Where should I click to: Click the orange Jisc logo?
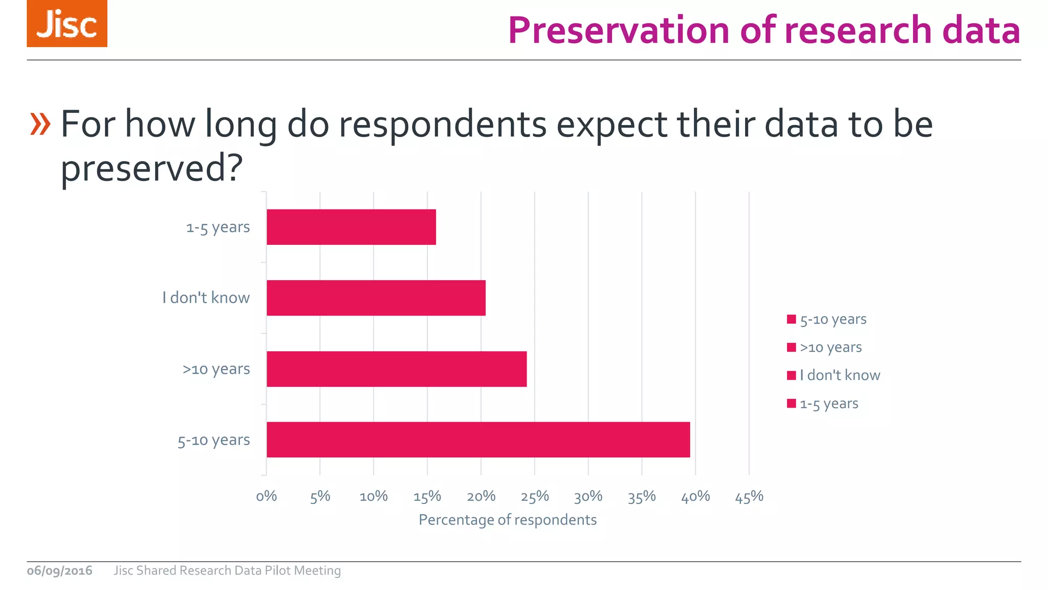tap(67, 24)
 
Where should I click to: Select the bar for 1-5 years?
tap(351, 227)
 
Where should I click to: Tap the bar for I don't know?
tap(376, 298)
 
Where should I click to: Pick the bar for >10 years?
tap(397, 369)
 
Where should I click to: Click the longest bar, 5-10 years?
tap(478, 439)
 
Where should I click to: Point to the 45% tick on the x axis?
tap(749, 496)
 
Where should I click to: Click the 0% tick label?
tap(266, 496)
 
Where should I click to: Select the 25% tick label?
tap(535, 496)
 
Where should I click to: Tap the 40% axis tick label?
tap(695, 496)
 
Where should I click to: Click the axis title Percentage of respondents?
tap(508, 520)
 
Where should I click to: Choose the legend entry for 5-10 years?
tap(827, 320)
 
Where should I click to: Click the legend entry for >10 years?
tap(824, 347)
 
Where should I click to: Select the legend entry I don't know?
tap(834, 375)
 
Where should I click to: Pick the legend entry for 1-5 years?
tap(823, 404)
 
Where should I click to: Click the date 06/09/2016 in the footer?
tap(60, 571)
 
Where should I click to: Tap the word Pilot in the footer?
tap(278, 571)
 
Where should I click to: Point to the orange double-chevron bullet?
tap(40, 124)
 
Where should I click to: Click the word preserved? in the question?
tap(151, 168)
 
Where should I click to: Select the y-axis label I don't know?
tap(206, 298)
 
